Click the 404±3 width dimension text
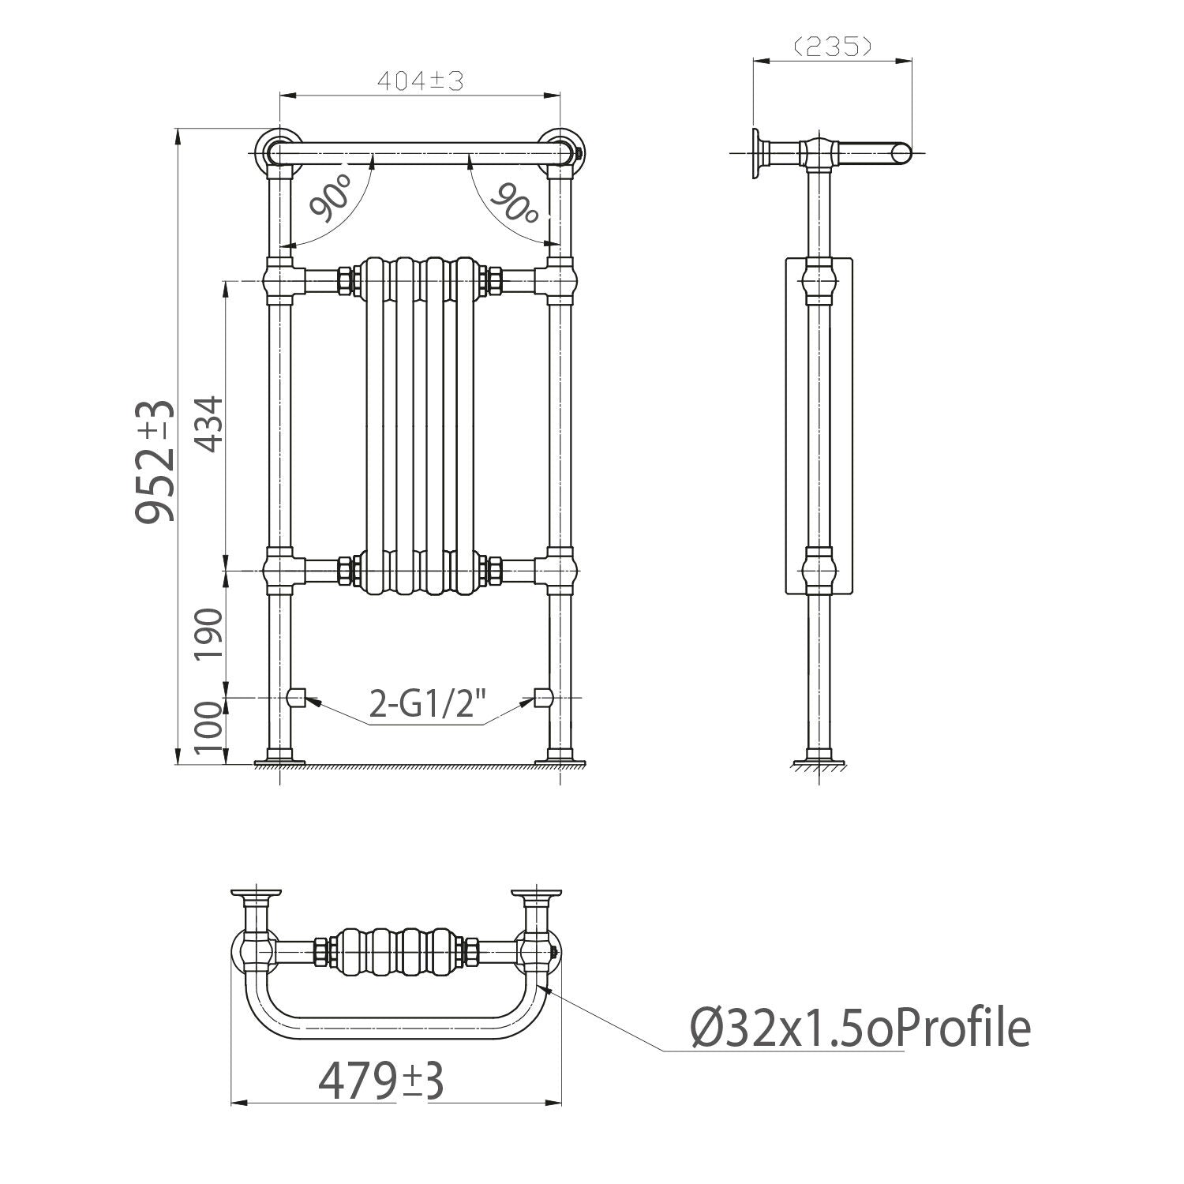(x=419, y=81)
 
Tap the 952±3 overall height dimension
(x=155, y=462)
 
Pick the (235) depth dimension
(x=832, y=47)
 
